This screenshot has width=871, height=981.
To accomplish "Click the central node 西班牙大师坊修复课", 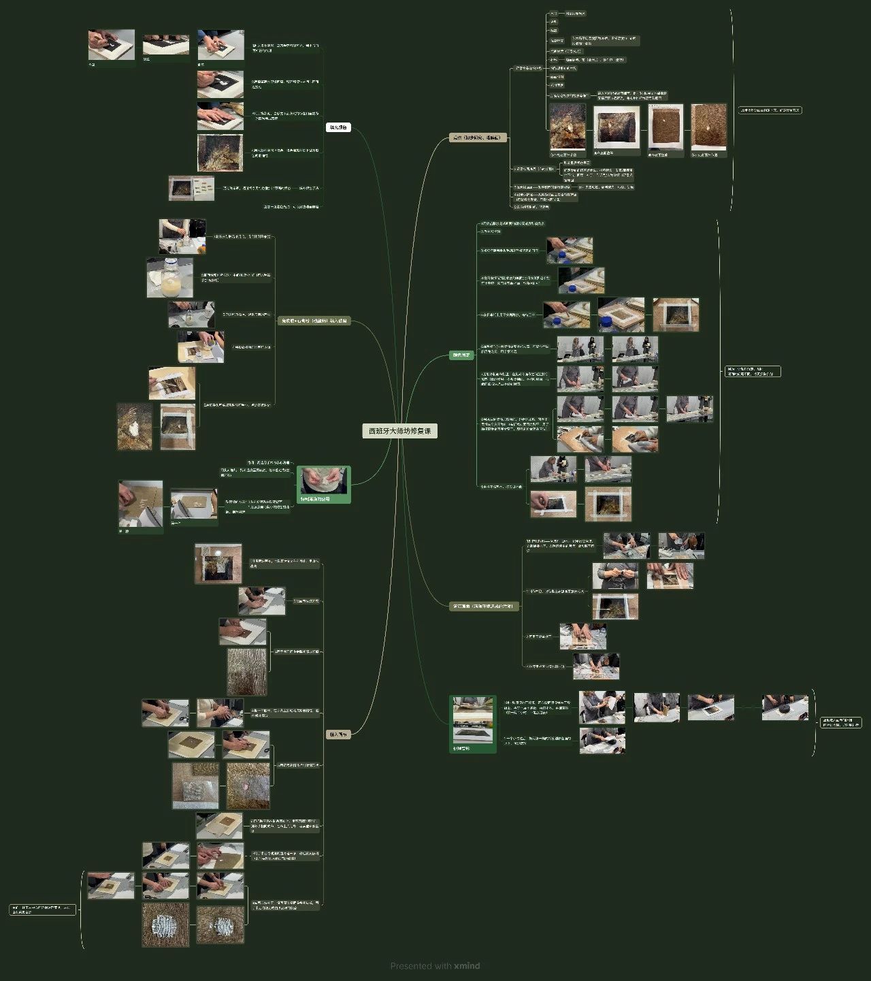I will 399,431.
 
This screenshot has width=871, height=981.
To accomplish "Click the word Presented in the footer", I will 410,965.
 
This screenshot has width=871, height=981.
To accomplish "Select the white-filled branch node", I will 338,127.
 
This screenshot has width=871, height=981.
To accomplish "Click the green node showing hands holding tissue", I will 324,484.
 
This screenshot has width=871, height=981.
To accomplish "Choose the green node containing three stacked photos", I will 473,724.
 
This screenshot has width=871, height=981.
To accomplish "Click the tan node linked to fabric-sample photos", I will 478,138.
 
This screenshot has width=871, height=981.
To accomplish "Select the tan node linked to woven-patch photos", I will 338,735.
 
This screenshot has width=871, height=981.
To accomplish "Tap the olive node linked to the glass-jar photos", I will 314,321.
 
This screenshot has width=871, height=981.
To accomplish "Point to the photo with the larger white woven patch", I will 165,924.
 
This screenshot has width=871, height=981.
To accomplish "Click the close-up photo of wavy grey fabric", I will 246,671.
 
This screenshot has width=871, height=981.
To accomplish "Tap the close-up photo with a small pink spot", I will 248,785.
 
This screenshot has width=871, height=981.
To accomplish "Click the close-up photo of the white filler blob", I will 135,426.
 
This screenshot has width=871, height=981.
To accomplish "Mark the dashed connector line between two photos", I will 748,707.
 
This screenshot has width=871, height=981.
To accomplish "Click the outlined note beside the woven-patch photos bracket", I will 43,910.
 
